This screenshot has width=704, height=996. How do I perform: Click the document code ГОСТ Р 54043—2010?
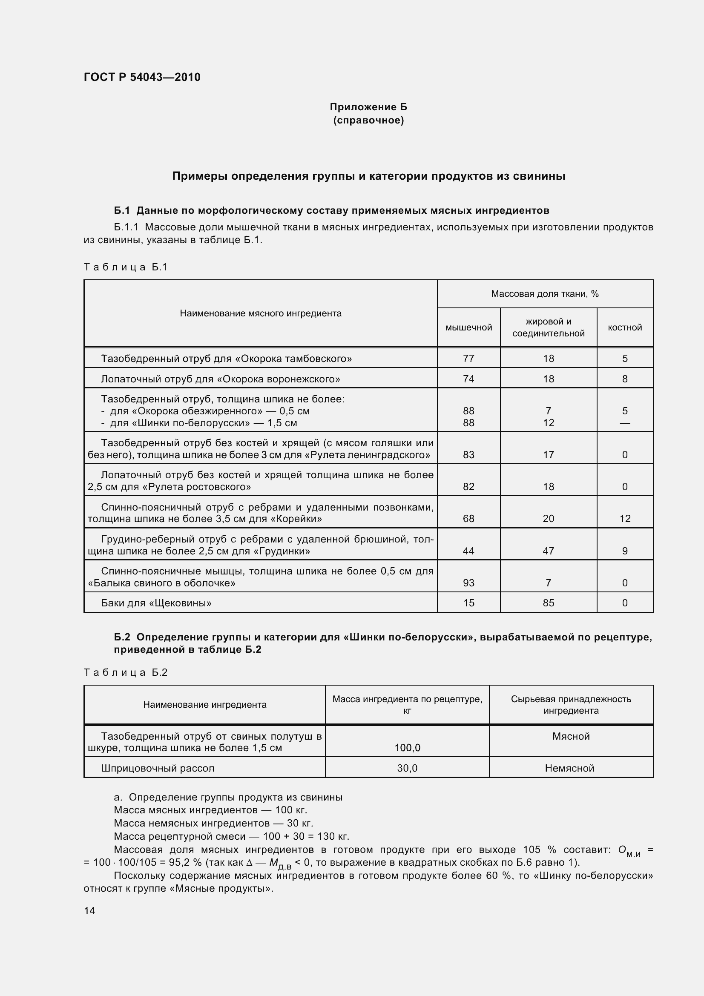(x=142, y=77)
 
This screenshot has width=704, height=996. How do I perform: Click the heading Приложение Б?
(x=368, y=107)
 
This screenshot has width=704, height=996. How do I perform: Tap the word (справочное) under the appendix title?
(x=368, y=120)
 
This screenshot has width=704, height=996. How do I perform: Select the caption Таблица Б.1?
(x=125, y=267)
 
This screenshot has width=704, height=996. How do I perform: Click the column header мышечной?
(x=468, y=327)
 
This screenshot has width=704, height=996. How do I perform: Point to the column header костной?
(x=625, y=327)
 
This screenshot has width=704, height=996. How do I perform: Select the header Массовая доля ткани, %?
(x=545, y=294)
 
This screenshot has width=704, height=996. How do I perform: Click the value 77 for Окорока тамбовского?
(x=468, y=358)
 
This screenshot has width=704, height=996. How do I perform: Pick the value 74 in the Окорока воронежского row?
(x=468, y=379)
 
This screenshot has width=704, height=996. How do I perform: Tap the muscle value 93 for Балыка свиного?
(x=468, y=583)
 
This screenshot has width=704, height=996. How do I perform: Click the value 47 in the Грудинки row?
(x=548, y=551)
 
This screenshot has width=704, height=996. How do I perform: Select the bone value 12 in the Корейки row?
(x=625, y=518)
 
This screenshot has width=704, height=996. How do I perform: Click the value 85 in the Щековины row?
(x=548, y=603)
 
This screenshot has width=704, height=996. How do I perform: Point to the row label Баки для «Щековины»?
(x=156, y=603)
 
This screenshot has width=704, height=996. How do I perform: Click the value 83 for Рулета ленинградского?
(x=468, y=455)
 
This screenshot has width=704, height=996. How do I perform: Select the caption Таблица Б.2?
(x=125, y=672)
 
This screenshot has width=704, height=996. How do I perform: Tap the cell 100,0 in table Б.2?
(x=407, y=747)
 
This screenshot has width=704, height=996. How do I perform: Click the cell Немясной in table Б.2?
(x=569, y=768)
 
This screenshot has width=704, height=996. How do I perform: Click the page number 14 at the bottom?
(x=89, y=910)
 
